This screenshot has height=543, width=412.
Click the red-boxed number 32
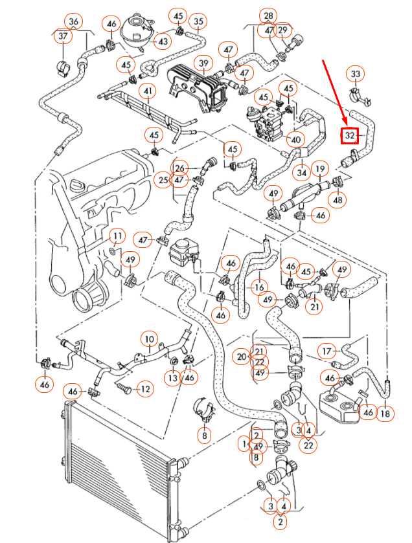point(350,136)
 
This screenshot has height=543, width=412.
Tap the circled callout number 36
point(74,22)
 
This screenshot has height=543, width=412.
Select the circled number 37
point(63,37)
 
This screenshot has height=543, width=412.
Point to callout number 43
point(162,41)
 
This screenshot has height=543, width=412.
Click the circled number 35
point(198,22)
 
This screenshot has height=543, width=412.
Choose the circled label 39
point(205,63)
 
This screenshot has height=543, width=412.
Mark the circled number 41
point(149,91)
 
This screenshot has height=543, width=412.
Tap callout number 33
point(355,74)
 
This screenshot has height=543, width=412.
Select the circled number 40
point(295,139)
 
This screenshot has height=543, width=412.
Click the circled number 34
point(302,173)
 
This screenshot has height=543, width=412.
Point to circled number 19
point(319,170)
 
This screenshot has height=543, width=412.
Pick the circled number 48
point(338,201)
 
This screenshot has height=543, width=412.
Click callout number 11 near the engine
point(117,235)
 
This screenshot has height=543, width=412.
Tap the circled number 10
point(150,338)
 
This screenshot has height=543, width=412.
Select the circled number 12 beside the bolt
point(144,389)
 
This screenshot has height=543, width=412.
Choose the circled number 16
point(259,287)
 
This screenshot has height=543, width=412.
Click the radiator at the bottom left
point(117,466)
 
